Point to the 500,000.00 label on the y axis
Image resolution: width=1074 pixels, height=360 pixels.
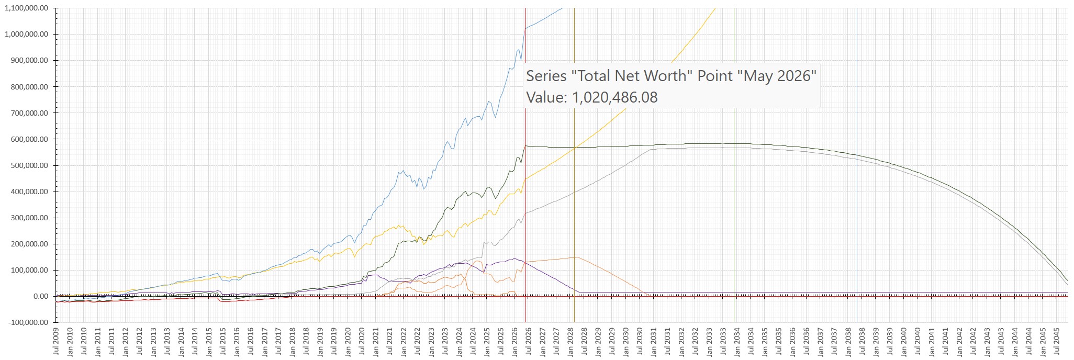coord(29,166)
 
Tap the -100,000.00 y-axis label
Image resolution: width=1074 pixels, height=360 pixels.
coord(28,323)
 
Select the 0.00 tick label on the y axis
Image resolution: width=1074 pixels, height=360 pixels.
coord(41,297)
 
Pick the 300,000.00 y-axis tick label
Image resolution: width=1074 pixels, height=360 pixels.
coord(29,218)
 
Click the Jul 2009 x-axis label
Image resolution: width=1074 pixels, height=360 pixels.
coord(56,342)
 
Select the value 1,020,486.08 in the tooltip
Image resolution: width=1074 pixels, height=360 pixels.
coord(614,97)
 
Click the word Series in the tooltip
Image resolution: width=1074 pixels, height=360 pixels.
coord(546,76)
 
